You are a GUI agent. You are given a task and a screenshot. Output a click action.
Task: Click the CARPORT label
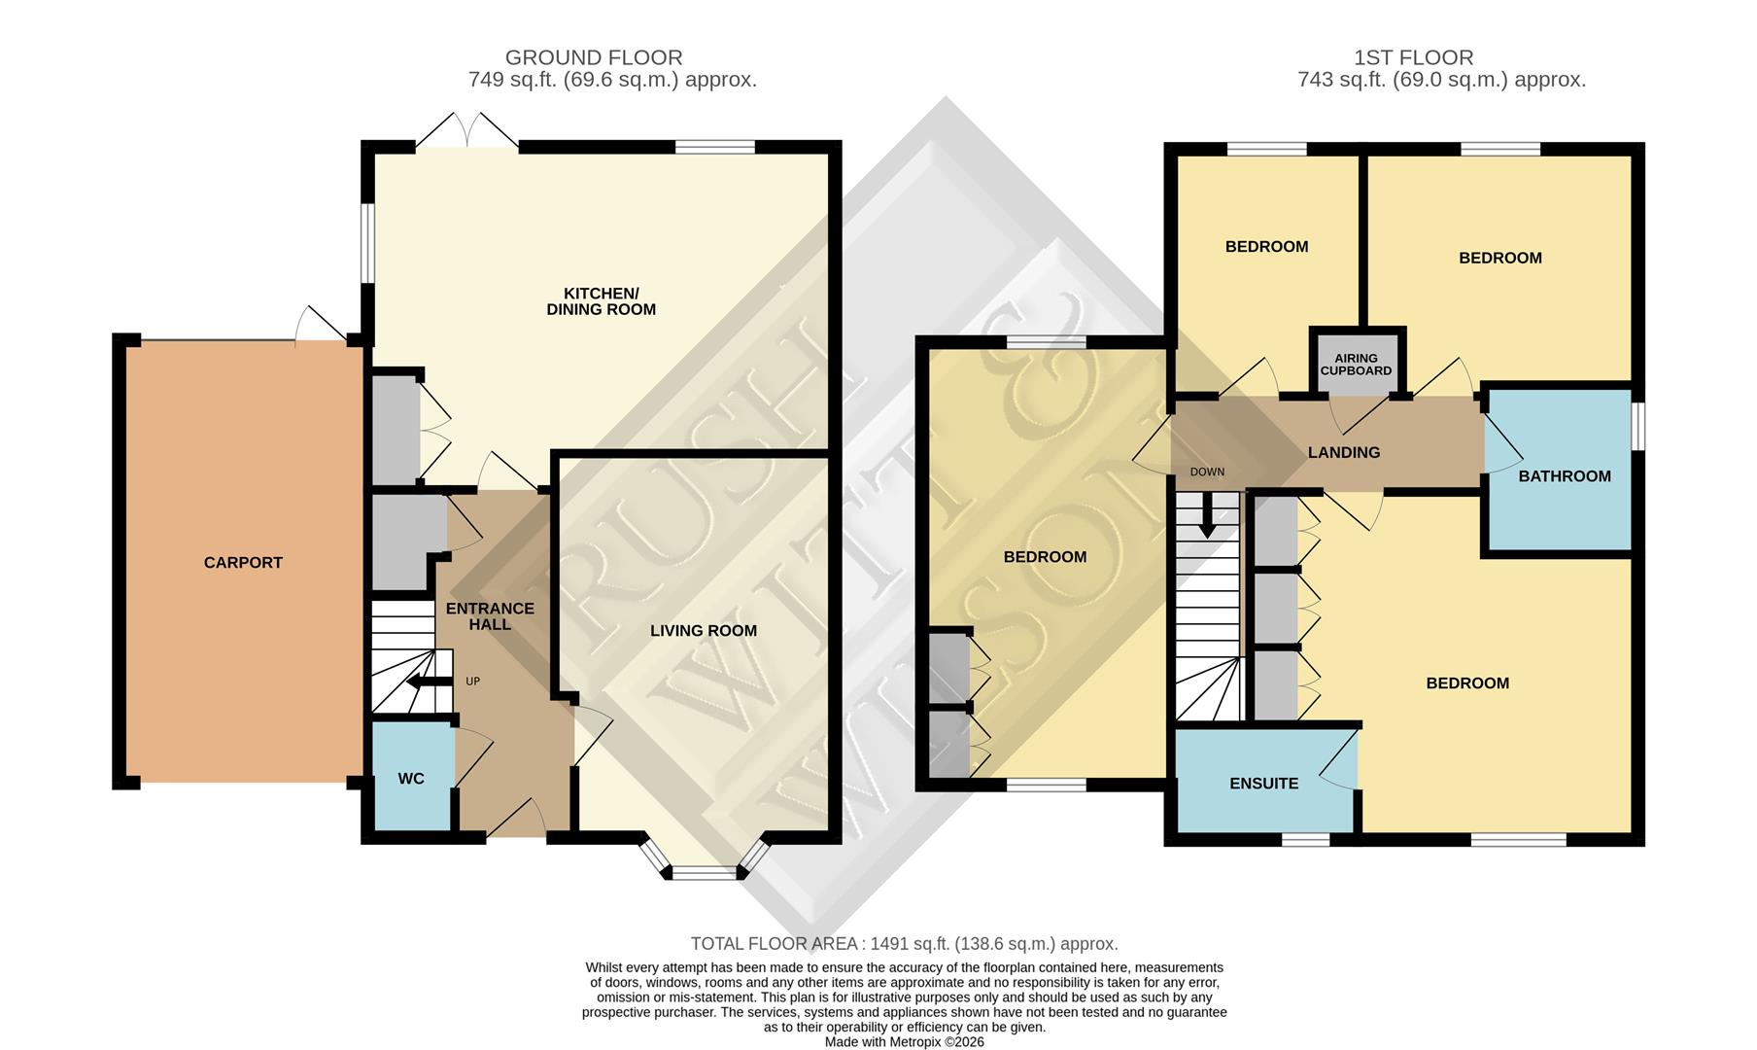(243, 562)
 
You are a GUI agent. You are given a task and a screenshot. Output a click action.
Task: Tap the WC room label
(411, 779)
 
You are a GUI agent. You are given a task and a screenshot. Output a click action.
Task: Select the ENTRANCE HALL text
(490, 615)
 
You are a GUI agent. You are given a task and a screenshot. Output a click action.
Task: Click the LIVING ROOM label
(704, 631)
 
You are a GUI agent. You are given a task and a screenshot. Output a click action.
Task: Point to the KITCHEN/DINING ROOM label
(601, 301)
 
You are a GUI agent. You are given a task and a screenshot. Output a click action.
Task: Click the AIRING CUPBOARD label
(1356, 365)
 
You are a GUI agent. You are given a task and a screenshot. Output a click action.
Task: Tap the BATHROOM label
(1565, 476)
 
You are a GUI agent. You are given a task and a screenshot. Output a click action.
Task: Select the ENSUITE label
(1263, 784)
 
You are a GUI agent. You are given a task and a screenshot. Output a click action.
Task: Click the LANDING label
(1344, 452)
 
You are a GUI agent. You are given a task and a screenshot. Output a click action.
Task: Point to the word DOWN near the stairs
(1207, 472)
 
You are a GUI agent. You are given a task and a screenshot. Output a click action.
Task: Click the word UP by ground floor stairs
(472, 682)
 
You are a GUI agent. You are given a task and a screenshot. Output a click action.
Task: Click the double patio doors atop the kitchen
(467, 133)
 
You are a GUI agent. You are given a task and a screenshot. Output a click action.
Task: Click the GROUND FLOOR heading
(594, 57)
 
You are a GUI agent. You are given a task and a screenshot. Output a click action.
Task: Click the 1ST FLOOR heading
(1413, 57)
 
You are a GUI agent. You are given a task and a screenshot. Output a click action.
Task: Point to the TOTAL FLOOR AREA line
(904, 943)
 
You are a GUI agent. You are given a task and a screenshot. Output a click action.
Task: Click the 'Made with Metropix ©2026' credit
(904, 1041)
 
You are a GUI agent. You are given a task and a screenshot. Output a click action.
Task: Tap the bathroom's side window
(1638, 427)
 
